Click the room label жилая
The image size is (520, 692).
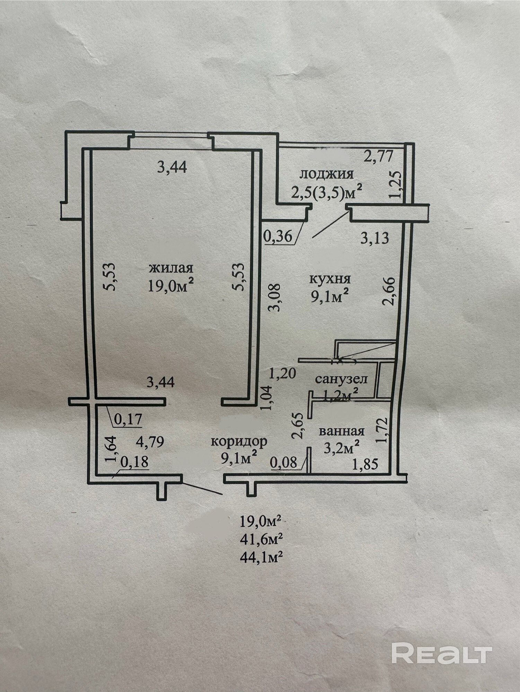(x=171, y=268)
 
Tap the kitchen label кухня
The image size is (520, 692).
(x=330, y=279)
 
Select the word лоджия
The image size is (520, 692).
(x=326, y=174)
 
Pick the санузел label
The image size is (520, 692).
(x=341, y=379)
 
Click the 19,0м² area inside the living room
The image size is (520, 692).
(x=170, y=286)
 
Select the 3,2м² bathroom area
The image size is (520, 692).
(x=341, y=448)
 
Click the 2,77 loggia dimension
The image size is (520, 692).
(x=378, y=157)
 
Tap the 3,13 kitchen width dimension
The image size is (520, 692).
(x=374, y=238)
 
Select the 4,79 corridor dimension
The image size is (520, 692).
(x=150, y=442)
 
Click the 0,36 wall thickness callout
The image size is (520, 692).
(x=277, y=237)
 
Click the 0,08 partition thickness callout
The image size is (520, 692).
(x=284, y=463)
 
